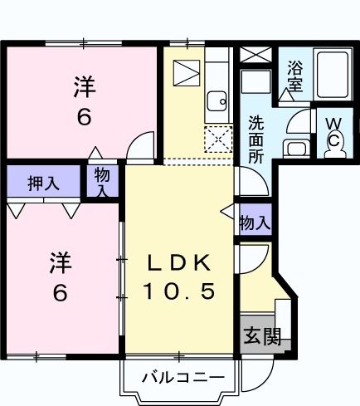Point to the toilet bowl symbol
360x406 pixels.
332,141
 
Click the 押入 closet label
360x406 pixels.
42,183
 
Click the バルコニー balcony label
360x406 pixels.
182,378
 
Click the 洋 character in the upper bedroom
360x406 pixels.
83,86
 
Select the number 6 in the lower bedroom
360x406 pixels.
60,292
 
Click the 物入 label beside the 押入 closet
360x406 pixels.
101,182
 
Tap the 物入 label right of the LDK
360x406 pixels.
254,222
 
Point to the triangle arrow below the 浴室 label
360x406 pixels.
286,96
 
